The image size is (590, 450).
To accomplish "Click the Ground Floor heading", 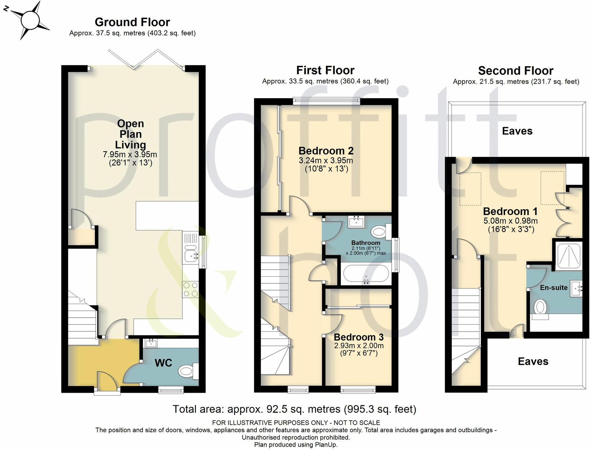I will pyautogui.click(x=132, y=22).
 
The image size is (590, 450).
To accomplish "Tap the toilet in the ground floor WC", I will pyautogui.click(x=187, y=371).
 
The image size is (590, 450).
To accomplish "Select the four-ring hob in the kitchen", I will pyautogui.click(x=191, y=289).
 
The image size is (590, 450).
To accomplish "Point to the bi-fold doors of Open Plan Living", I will pyautogui.click(x=146, y=60).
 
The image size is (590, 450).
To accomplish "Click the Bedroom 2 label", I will pyautogui.click(x=326, y=151).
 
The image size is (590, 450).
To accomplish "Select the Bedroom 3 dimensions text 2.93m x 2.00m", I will pyautogui.click(x=359, y=346).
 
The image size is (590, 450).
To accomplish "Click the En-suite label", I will pyautogui.click(x=554, y=288).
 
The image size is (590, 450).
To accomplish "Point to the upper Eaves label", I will pyautogui.click(x=517, y=131).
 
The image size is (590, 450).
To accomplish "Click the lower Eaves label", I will pyautogui.click(x=533, y=361).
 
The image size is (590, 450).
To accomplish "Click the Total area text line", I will pyautogui.click(x=294, y=409).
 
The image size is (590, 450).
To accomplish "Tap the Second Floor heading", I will pyautogui.click(x=516, y=71).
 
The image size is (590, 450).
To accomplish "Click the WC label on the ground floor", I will pyautogui.click(x=163, y=363).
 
